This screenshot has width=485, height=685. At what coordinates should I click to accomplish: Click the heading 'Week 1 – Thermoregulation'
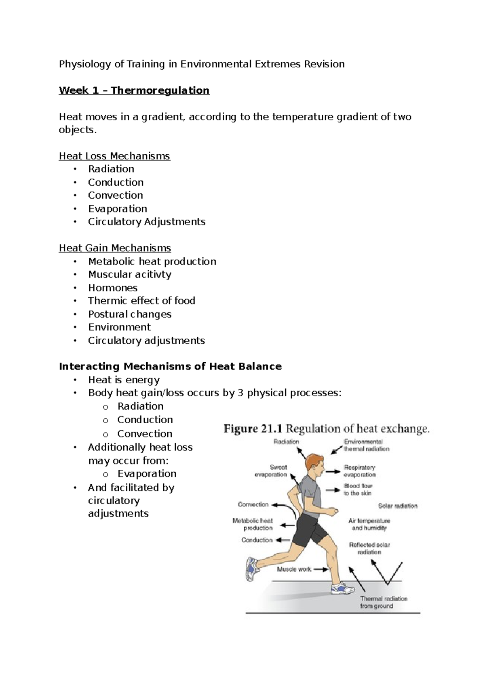tap(134, 90)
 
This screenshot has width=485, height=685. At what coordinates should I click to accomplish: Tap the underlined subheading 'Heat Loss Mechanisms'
tap(114, 156)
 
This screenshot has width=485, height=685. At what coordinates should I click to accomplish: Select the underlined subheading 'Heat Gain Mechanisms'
tap(115, 248)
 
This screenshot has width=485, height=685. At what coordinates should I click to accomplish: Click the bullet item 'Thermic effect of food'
tap(141, 301)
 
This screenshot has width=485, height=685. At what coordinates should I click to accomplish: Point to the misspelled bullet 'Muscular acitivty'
tap(130, 275)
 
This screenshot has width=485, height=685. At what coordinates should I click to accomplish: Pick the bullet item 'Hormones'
tap(113, 288)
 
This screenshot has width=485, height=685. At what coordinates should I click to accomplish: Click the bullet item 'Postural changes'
tap(130, 314)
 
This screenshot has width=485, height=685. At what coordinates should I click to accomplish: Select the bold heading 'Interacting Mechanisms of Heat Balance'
tap(170, 367)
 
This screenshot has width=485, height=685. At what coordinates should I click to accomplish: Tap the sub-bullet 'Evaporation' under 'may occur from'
tap(147, 474)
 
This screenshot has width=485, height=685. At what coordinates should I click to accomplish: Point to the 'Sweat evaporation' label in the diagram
tap(271, 471)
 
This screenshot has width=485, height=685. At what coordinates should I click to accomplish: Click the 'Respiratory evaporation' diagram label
tap(360, 471)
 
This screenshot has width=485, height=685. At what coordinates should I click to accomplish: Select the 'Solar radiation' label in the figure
tap(398, 506)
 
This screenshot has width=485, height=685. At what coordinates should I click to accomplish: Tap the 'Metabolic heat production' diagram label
tap(253, 524)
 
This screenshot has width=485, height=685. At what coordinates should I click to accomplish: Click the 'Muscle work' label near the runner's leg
tap(294, 569)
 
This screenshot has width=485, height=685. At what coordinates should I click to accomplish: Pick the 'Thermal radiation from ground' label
tap(383, 602)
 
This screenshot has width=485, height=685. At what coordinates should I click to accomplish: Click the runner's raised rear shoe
tap(251, 569)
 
